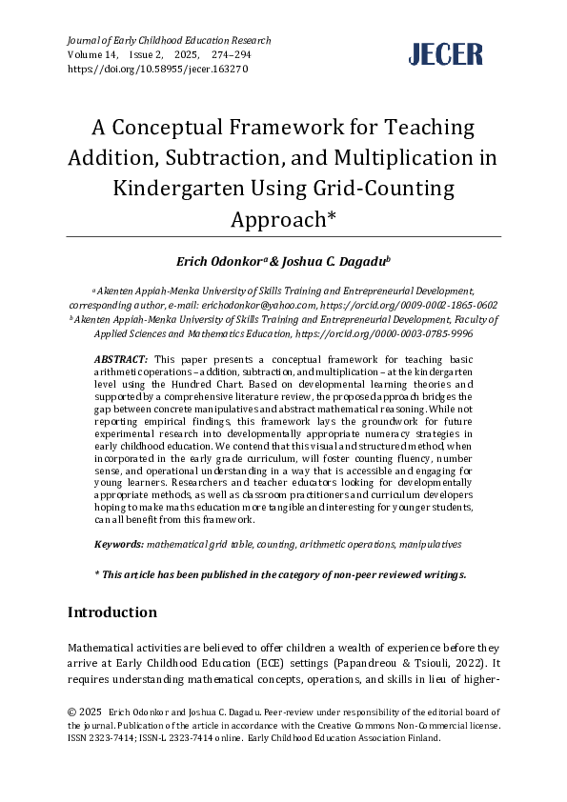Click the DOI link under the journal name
click(x=158, y=70)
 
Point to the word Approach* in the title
click(x=284, y=218)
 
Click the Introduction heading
click(x=112, y=612)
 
